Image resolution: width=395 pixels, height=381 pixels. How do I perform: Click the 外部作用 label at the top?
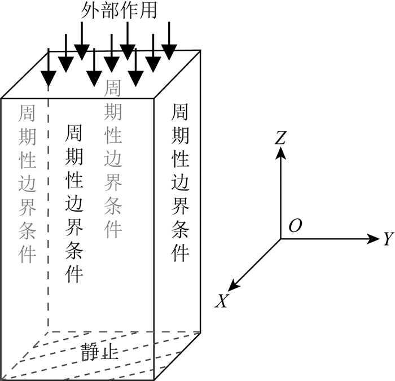122,12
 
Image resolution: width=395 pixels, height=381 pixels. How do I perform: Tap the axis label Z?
280,137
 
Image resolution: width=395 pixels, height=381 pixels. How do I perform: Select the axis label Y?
388,239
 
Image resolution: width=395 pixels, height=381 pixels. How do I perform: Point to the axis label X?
222,302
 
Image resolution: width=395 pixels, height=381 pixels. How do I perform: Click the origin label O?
295,226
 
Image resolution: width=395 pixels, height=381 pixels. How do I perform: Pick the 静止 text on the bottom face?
99,352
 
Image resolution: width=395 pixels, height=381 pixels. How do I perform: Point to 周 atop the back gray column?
113,88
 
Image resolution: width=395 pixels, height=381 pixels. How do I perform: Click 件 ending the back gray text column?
113,229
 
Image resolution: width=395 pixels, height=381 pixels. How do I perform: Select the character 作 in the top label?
133,12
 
